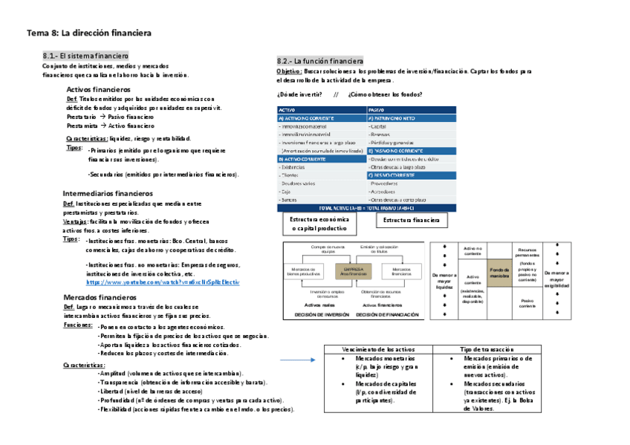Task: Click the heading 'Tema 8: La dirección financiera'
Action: [x=89, y=33]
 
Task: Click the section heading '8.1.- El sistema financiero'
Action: [x=86, y=56]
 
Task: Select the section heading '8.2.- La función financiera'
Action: [x=320, y=60]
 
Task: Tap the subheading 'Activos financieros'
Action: [x=99, y=89]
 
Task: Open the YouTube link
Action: [x=163, y=283]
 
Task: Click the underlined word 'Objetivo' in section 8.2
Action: [x=288, y=71]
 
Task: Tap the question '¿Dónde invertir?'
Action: [x=299, y=94]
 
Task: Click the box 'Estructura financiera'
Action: [x=411, y=220]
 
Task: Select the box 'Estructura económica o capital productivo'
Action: [x=319, y=224]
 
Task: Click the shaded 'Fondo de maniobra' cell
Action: [x=499, y=273]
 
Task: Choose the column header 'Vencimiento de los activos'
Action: [x=379, y=349]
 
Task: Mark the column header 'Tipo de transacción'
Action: [x=487, y=349]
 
